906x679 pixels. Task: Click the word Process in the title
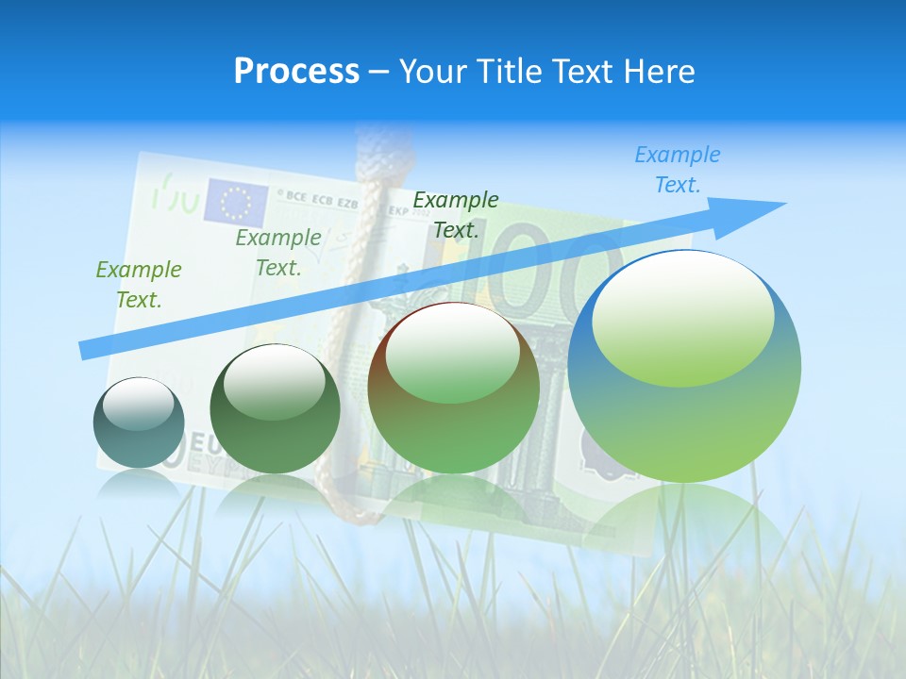[x=296, y=72]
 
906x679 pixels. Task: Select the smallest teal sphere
[x=139, y=422]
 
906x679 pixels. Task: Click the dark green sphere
[x=275, y=409]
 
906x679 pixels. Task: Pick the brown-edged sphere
[x=453, y=388]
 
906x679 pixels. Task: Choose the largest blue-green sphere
[x=684, y=366]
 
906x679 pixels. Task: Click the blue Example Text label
[x=677, y=170]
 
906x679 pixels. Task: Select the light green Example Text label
[x=139, y=284]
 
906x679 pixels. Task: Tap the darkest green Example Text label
[x=456, y=214]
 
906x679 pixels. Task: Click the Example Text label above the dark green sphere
[x=278, y=253]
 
